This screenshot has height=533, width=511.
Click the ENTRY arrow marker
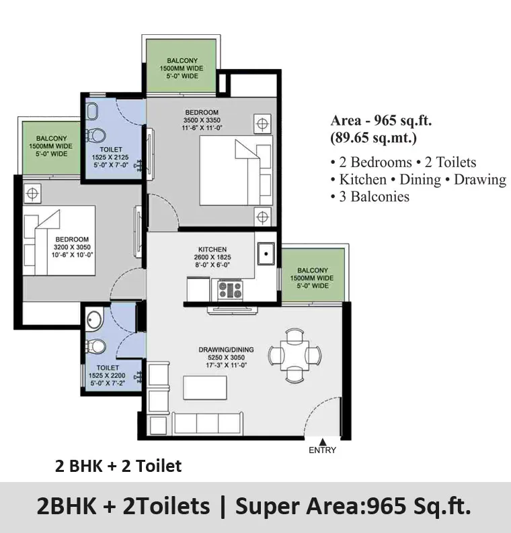pos(323,442)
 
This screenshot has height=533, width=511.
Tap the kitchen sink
pos(266,254)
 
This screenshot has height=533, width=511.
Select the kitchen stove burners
pos(230,290)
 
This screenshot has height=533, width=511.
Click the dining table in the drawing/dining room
pos(294,356)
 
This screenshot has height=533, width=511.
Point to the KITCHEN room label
pos(212,249)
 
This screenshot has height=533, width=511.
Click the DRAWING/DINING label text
pos(226,350)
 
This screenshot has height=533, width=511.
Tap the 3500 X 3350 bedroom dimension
pos(202,120)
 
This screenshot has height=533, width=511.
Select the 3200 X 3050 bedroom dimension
pos(72,247)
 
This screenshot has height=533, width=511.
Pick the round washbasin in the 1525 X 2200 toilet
pos(94,320)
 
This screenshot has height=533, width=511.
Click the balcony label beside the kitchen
pos(312,278)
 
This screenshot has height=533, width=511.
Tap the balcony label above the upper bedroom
pos(182,68)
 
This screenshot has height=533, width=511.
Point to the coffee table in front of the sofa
pos(205,387)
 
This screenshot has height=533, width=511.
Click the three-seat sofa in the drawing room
pos(208,423)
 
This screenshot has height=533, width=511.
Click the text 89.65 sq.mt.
pos(373,138)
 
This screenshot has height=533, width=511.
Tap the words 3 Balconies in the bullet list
pos(374,197)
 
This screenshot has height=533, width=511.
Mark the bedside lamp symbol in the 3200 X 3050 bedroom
pos(32,194)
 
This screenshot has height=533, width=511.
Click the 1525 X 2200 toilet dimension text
pos(107,376)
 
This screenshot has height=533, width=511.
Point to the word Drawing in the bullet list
pos(480,180)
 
